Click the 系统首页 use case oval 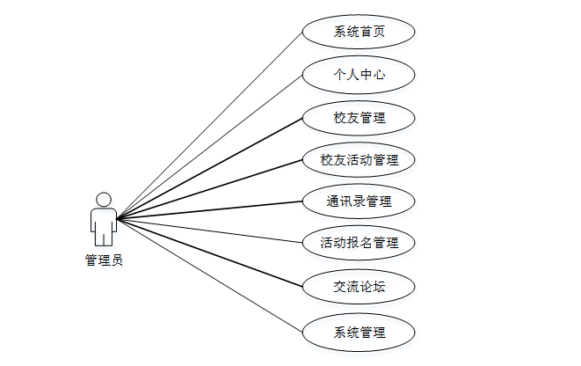[x=359, y=33]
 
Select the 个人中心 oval [x=359, y=75]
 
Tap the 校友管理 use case [x=359, y=117]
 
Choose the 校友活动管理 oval [x=359, y=160]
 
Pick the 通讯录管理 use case [x=359, y=201]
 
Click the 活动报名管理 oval [x=359, y=242]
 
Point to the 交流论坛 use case [x=359, y=286]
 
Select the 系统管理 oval [x=359, y=332]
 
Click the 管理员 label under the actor [x=104, y=260]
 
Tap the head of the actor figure [x=104, y=199]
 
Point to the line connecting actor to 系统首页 [x=210, y=125]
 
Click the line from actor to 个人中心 [x=210, y=146]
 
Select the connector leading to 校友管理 [x=210, y=167]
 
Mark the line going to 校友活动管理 [x=210, y=189]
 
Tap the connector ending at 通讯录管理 [x=210, y=209]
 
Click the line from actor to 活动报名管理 [x=210, y=229]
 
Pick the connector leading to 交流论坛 [x=210, y=252]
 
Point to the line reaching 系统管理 [x=210, y=274]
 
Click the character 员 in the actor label [x=117, y=260]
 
